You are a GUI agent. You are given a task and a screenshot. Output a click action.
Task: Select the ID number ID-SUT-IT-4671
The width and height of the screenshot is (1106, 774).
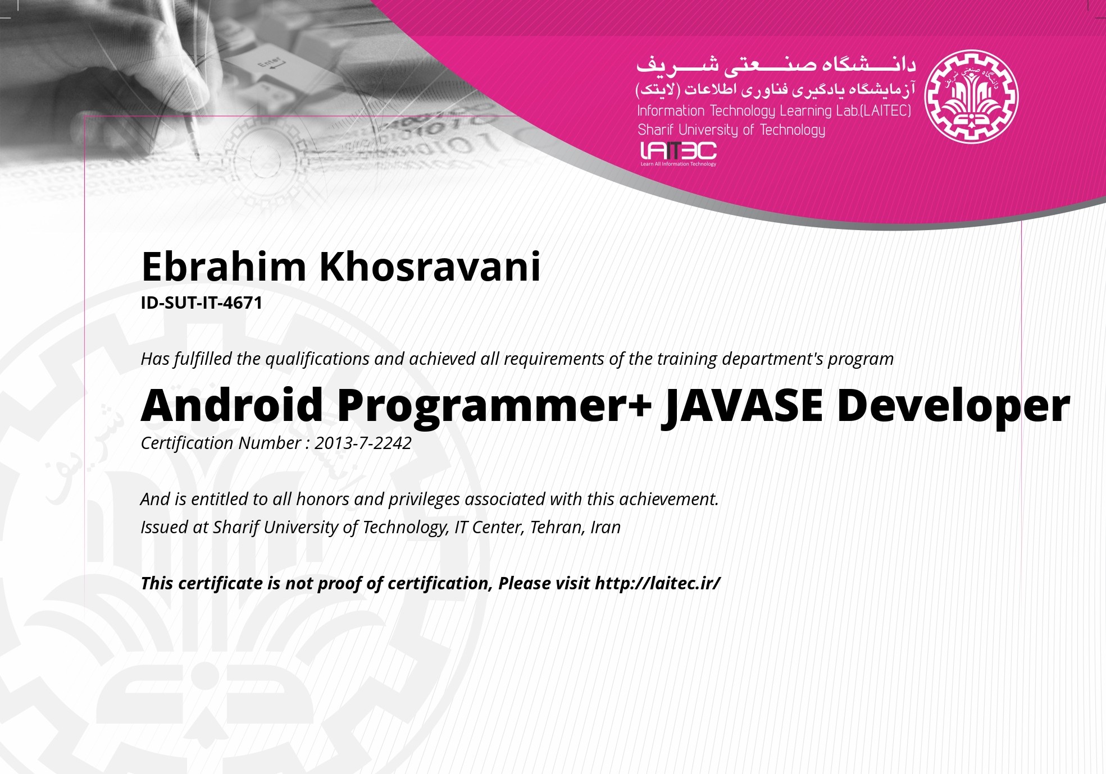pos(202,303)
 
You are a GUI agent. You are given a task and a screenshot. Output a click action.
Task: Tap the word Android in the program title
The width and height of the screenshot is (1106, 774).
pos(231,405)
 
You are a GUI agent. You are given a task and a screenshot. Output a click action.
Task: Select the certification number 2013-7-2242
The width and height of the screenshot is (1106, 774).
pos(363,443)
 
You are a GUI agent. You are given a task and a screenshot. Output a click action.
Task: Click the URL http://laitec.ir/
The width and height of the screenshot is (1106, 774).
pos(657,583)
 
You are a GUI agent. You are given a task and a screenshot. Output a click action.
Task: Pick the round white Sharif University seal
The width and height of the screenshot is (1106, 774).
pos(971,96)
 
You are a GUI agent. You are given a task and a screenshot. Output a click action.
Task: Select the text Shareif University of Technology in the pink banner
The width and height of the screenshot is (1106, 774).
pos(731,130)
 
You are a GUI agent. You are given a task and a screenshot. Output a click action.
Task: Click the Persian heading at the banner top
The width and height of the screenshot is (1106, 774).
pos(776,65)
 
